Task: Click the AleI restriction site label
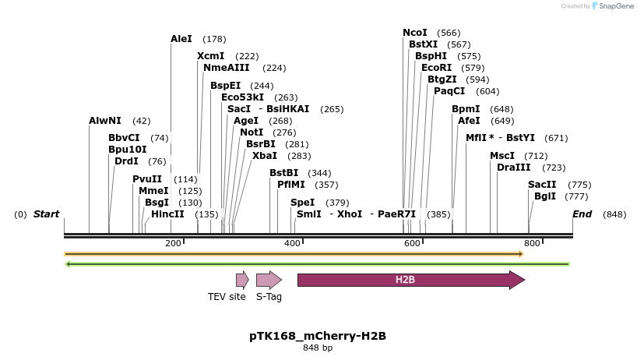181,38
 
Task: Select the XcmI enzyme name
210,56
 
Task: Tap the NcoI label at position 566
414,33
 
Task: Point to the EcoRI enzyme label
436,68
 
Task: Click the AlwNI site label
104,121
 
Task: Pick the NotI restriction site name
252,132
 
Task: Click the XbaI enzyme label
265,156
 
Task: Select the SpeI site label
302,203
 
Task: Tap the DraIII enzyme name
514,168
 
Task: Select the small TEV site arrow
242,280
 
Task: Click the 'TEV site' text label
227,297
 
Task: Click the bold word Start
46,214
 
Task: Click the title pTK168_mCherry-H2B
318,336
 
